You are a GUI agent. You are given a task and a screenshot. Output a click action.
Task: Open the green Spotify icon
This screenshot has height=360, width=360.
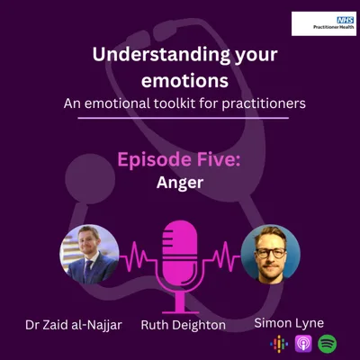[x=327, y=342]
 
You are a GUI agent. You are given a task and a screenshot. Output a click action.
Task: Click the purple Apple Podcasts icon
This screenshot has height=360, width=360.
[x=302, y=342]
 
